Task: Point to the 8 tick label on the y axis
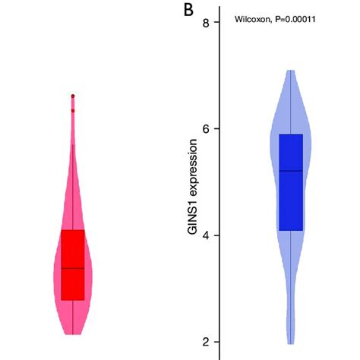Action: click(x=205, y=23)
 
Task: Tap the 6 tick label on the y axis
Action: click(x=205, y=128)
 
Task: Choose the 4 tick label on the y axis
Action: click(x=205, y=235)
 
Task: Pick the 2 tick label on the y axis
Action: click(x=205, y=342)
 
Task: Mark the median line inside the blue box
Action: click(x=291, y=171)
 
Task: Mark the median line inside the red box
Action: click(x=73, y=268)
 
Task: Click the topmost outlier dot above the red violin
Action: click(x=73, y=96)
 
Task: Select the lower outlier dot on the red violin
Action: click(x=73, y=111)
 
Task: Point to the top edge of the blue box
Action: click(x=291, y=135)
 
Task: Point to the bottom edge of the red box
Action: click(x=73, y=299)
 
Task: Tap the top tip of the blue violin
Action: click(x=291, y=71)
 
